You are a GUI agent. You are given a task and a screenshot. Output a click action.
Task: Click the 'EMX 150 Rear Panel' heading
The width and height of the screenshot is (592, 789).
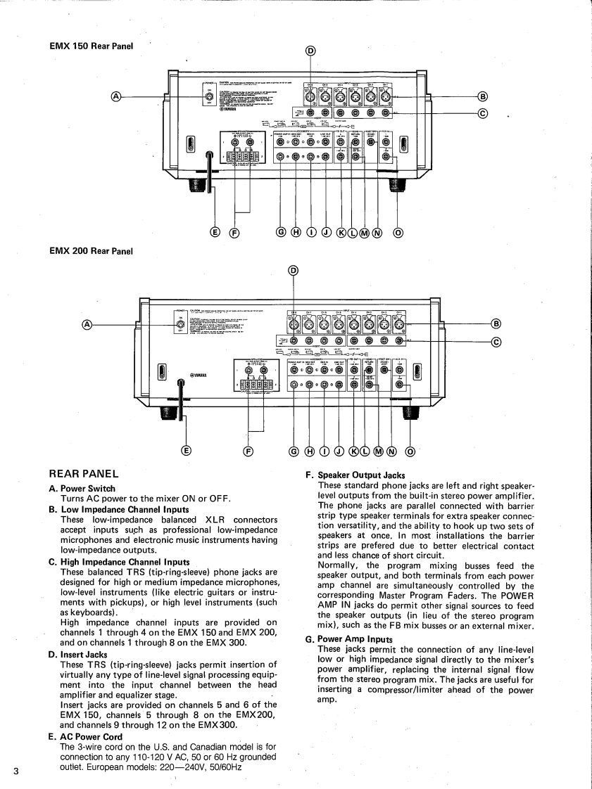click(x=91, y=46)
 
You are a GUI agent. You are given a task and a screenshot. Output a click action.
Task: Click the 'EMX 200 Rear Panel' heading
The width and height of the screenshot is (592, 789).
click(x=91, y=250)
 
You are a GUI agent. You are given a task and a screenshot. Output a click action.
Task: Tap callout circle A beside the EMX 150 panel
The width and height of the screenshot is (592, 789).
click(x=117, y=96)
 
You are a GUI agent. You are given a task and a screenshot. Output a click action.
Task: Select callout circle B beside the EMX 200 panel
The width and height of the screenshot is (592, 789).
click(x=496, y=323)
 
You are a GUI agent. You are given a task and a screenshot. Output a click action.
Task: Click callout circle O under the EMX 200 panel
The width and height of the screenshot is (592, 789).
click(x=410, y=451)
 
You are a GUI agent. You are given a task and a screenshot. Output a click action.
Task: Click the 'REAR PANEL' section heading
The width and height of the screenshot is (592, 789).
click(x=83, y=474)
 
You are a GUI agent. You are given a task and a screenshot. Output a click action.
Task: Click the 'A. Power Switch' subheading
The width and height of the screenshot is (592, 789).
click(x=82, y=488)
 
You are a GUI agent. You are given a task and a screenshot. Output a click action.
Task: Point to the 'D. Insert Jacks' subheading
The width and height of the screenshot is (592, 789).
click(x=78, y=654)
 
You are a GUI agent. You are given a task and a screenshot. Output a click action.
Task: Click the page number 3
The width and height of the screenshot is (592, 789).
click(x=15, y=771)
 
